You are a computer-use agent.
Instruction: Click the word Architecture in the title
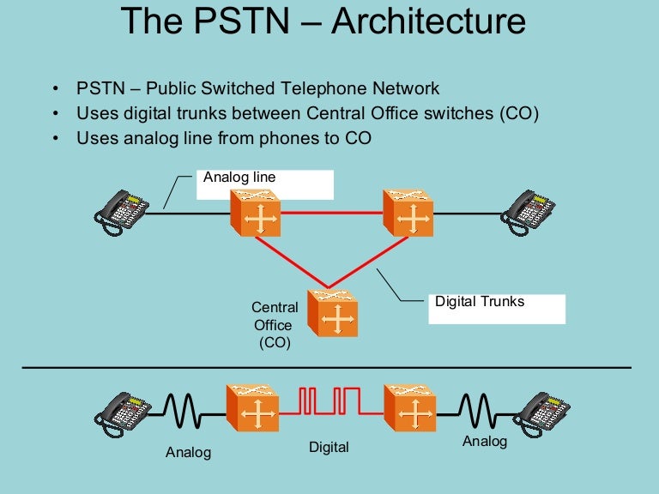(427, 21)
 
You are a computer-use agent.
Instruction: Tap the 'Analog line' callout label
(239, 178)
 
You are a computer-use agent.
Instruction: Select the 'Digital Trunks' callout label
(479, 302)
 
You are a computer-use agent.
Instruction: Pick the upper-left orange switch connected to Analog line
(256, 213)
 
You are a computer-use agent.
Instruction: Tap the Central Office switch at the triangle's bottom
(332, 313)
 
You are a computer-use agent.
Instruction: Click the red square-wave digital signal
(329, 400)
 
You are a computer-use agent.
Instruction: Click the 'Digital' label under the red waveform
(329, 447)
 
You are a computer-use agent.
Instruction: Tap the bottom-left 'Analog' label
(188, 452)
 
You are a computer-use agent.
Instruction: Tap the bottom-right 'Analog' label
(485, 442)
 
